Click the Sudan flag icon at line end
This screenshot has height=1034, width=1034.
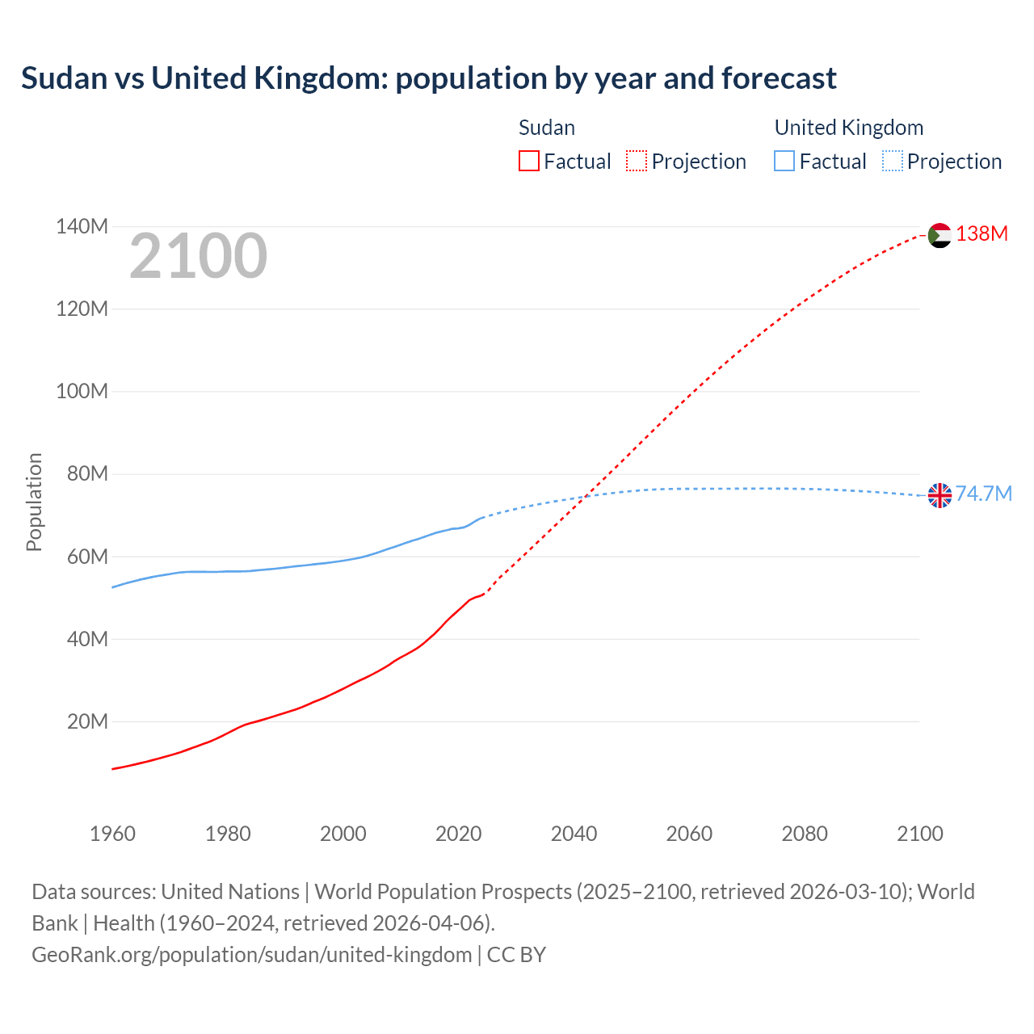[x=939, y=235]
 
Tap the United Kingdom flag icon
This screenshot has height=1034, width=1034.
[x=939, y=495]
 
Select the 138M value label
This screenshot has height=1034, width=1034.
[x=981, y=233]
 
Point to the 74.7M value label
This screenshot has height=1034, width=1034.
[x=983, y=494]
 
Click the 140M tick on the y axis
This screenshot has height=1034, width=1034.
[x=82, y=226]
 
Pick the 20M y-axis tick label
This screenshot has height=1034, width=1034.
[x=87, y=721]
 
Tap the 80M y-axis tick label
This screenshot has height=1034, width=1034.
[x=87, y=473]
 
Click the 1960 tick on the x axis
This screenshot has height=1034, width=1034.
[x=112, y=834]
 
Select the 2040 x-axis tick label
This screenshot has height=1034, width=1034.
[x=574, y=834]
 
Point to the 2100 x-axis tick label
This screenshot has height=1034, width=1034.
[x=919, y=834]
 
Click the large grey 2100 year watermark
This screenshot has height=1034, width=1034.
[x=198, y=256]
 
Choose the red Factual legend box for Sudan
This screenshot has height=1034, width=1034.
[x=529, y=161]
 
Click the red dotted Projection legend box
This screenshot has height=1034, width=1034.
[x=637, y=161]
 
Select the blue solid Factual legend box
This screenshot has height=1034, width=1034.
[x=784, y=161]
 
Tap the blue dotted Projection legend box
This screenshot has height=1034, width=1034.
[x=893, y=161]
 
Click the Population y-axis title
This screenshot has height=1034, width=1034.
[x=34, y=502]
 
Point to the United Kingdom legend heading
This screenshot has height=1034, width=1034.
[x=848, y=128]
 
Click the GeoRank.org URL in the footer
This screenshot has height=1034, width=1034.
[x=251, y=954]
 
